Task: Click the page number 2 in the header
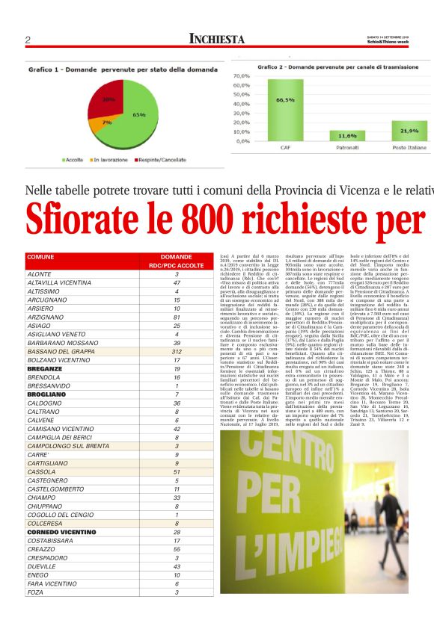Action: click(x=28, y=40)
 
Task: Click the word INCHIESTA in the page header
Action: click(x=217, y=39)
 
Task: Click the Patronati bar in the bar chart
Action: click(x=347, y=135)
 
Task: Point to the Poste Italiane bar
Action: click(x=409, y=130)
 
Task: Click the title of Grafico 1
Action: click(x=103, y=69)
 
